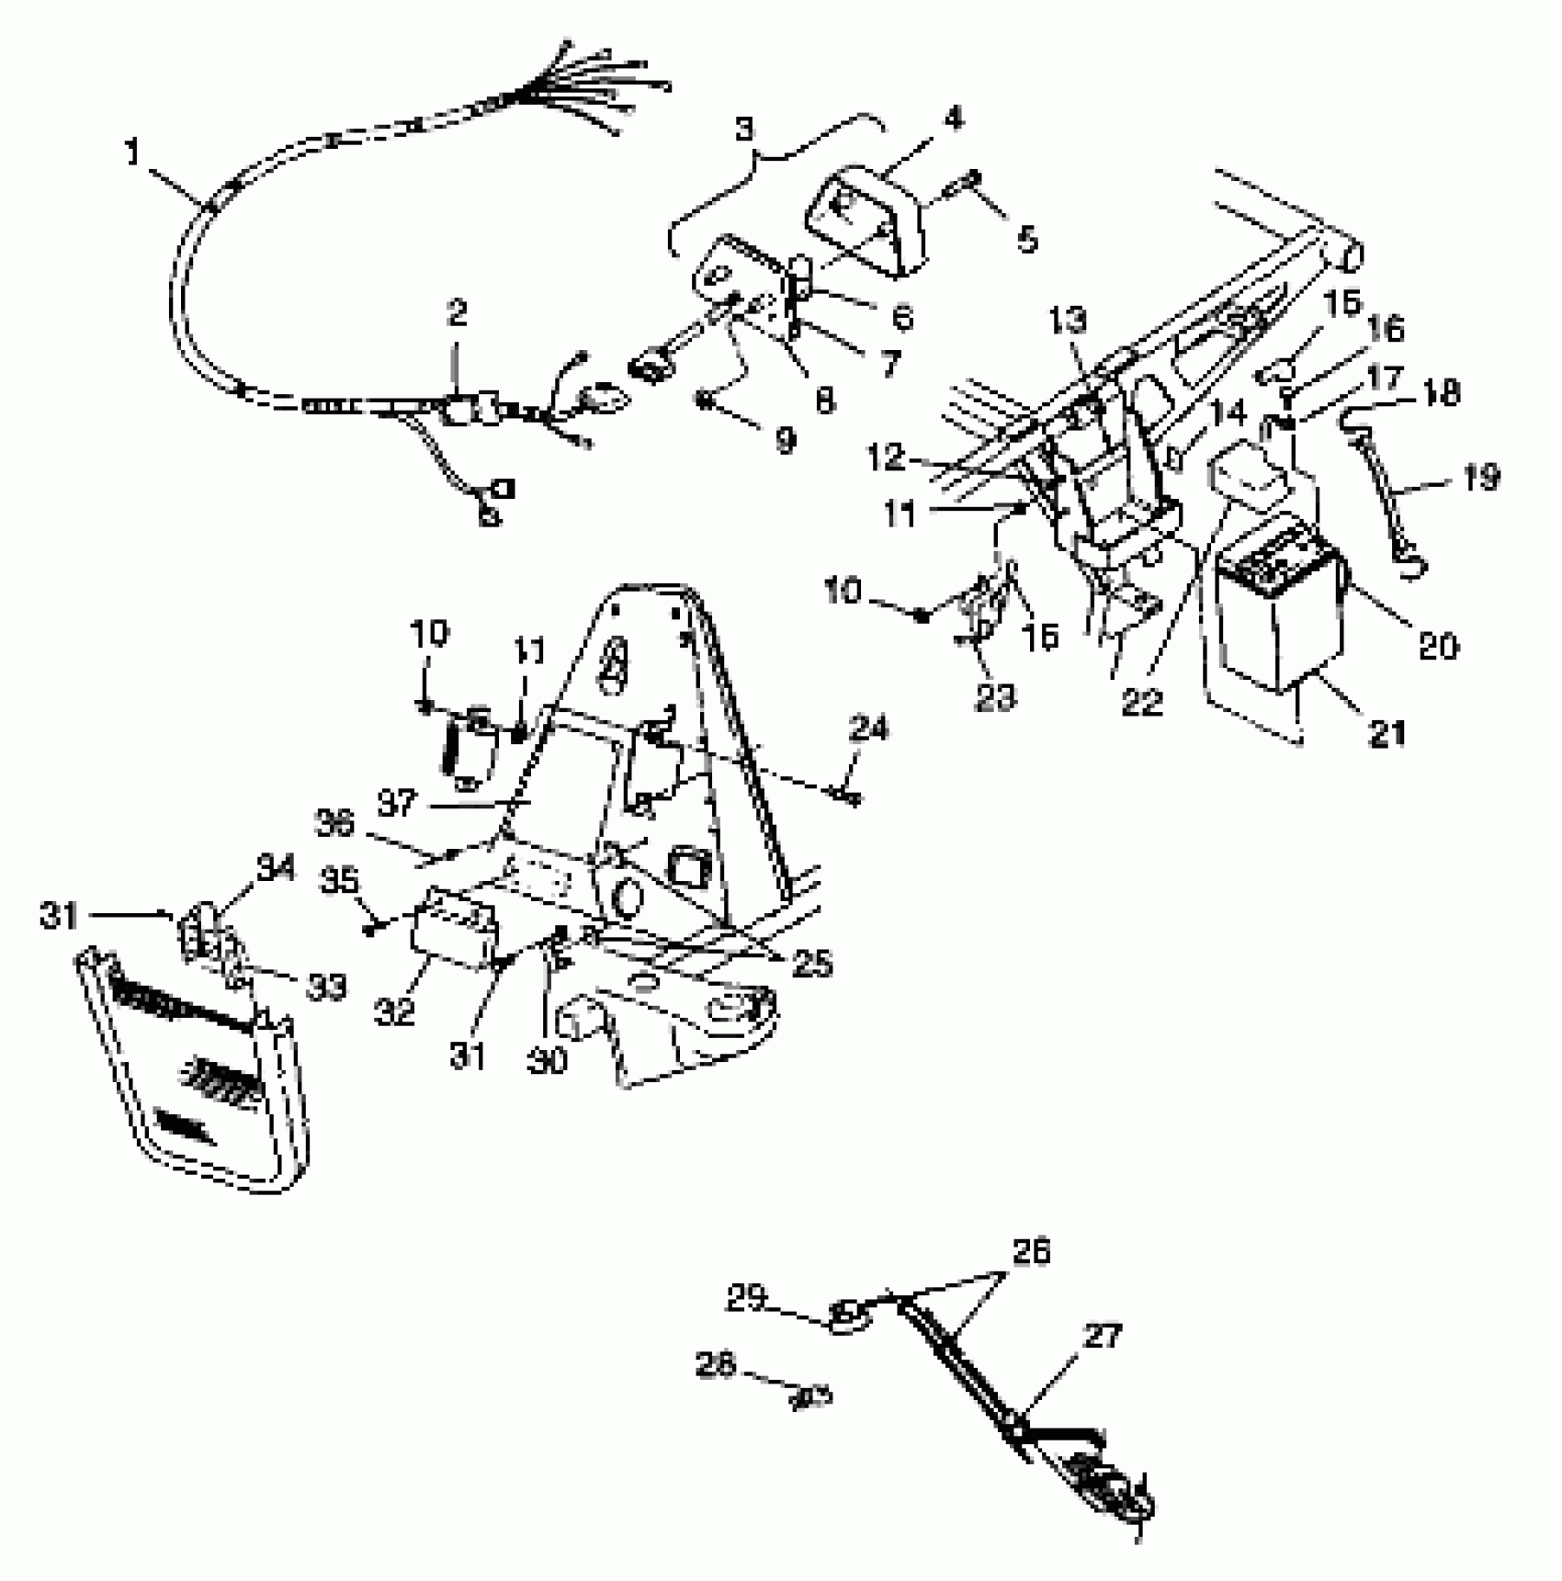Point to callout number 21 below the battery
pos(1387,733)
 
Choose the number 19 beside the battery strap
pos(1479,478)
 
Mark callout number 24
pos(869,729)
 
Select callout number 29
pos(746,1299)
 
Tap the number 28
pos(717,1366)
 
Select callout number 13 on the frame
pos(1067,321)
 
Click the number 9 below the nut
pos(785,440)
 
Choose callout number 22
pos(1141,704)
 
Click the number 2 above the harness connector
pos(457,313)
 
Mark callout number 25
pos(811,963)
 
